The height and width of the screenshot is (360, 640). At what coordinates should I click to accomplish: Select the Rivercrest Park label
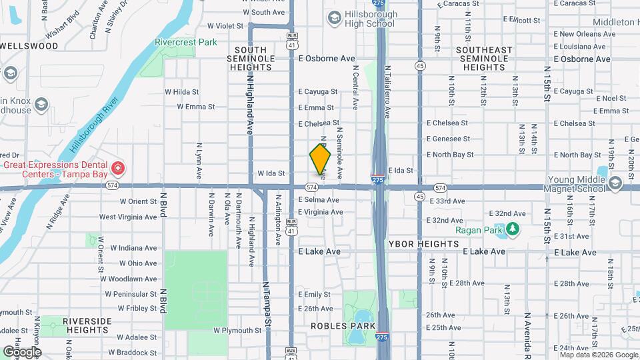tap(186, 42)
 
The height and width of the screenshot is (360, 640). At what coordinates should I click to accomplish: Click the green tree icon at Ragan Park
tap(512, 230)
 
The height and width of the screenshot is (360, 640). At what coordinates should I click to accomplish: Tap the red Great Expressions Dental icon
tap(118, 167)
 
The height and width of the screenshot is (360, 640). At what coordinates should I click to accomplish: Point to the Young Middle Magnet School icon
tap(615, 182)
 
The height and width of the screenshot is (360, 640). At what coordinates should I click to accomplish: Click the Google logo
tap(22, 351)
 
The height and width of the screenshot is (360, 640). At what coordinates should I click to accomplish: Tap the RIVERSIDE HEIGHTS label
tap(87, 326)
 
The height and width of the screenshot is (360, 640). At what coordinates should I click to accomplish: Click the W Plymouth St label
tap(237, 330)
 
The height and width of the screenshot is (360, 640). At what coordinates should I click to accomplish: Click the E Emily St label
tap(314, 294)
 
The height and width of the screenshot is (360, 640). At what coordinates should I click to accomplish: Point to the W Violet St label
tap(225, 26)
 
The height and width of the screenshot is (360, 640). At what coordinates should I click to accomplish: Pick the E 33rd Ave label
tap(447, 201)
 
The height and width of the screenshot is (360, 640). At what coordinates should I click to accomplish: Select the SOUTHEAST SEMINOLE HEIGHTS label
tap(484, 59)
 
